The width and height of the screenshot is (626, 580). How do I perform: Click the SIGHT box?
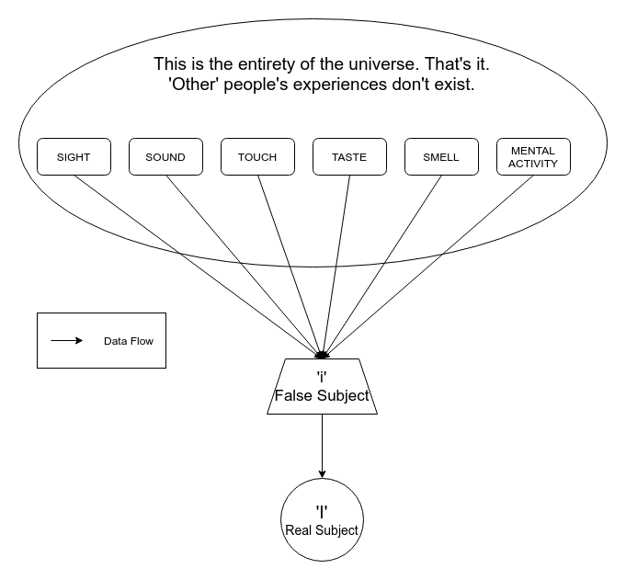tap(74, 156)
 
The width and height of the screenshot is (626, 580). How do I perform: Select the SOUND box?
tap(165, 156)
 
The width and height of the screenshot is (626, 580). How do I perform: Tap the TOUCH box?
tap(257, 156)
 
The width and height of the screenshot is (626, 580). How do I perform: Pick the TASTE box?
tap(349, 156)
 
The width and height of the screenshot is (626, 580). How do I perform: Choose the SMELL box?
tap(441, 156)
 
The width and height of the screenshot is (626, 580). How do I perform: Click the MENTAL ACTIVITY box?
tap(533, 156)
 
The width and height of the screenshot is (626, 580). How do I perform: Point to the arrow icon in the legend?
tap(66, 341)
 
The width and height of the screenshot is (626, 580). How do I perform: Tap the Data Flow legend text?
tap(128, 341)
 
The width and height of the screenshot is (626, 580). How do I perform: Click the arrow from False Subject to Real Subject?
tap(322, 446)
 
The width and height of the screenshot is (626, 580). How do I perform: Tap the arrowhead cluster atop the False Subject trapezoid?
tap(322, 355)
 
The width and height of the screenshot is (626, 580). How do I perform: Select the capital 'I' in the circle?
tap(322, 511)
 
